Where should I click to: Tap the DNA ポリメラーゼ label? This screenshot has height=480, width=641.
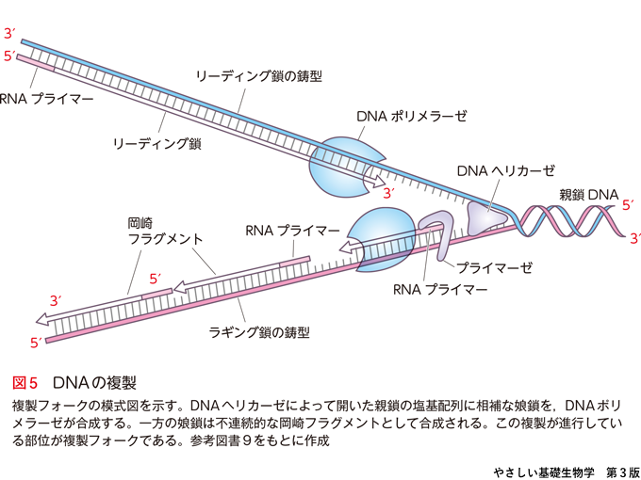412,116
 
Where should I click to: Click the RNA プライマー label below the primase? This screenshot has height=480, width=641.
440,290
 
